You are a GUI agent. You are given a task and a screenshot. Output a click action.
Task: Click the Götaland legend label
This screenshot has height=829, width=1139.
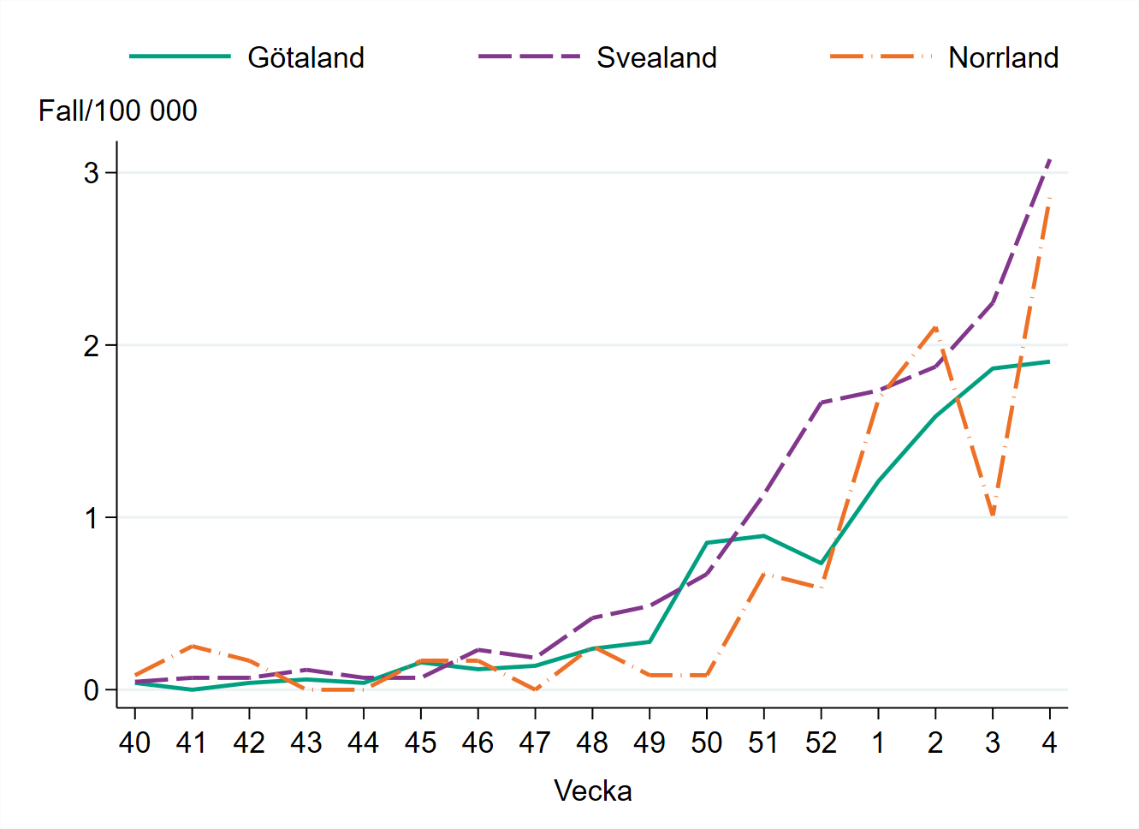tap(306, 57)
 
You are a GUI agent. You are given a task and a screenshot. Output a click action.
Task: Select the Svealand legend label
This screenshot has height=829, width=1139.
tap(656, 57)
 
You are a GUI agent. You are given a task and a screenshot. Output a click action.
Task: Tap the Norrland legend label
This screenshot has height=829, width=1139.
tap(1003, 57)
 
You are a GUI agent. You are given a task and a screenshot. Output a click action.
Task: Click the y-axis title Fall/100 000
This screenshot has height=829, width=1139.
tap(117, 110)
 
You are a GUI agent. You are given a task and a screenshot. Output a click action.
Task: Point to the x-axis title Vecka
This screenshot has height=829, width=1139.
tap(592, 790)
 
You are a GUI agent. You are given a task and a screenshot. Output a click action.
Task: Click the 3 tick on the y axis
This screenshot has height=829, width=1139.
tap(92, 173)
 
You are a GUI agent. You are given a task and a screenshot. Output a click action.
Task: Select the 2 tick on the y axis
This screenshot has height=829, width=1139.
tap(92, 346)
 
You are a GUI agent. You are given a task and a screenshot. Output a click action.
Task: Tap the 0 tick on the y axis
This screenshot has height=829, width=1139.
tap(92, 690)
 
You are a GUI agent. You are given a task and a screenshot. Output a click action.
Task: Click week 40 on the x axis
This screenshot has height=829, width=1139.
tap(134, 743)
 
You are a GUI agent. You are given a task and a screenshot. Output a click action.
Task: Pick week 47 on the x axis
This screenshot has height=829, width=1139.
tap(535, 743)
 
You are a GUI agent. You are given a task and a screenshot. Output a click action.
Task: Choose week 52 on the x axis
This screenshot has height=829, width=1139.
tap(821, 743)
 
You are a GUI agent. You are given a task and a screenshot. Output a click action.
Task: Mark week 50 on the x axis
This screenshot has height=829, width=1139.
tap(706, 743)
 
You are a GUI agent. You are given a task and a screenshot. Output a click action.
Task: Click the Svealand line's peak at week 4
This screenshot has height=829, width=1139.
tap(1049, 159)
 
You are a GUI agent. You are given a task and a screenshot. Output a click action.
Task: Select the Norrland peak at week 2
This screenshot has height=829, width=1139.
tap(935, 327)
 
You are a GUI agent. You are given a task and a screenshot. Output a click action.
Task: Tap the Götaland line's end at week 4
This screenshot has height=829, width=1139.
tap(1049, 361)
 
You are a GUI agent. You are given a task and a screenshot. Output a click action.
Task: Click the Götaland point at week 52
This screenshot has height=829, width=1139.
tap(821, 563)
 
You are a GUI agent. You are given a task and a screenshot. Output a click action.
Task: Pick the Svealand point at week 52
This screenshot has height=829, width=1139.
tap(821, 403)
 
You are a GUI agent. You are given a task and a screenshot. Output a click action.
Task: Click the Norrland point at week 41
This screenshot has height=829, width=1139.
tap(192, 646)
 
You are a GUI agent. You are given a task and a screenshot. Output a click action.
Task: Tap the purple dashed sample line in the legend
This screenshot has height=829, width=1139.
tap(529, 57)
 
